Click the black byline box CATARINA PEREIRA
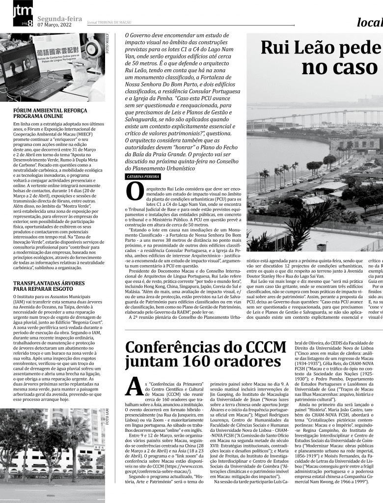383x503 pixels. click(x=142, y=176)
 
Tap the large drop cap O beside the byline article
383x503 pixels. click(x=135, y=192)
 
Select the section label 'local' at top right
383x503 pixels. click(x=369, y=23)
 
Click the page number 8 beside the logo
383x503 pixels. click(x=30, y=23)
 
